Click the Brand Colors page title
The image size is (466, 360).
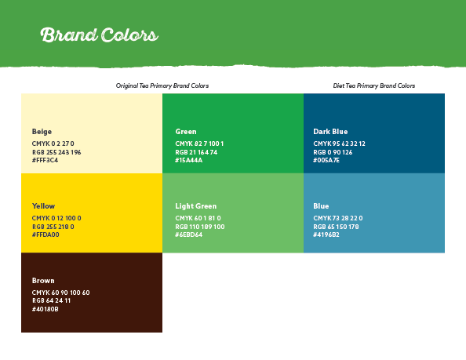100,35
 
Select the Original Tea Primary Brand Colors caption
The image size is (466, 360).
162,85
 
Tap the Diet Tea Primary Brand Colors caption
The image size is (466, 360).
374,85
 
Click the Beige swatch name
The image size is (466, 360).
42,132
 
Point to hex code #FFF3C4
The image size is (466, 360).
46,161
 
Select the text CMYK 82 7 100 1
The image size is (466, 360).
199,144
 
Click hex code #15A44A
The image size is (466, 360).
189,161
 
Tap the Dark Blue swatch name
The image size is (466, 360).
330,132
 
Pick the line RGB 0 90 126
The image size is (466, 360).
333,152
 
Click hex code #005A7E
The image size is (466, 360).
326,161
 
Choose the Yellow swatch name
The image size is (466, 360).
43,206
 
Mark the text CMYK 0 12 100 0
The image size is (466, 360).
56,218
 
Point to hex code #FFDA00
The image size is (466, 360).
46,235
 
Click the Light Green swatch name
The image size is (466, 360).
196,206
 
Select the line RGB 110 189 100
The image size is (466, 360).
200,227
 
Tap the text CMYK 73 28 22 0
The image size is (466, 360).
338,218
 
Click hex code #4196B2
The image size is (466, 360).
326,235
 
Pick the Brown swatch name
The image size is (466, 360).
43,281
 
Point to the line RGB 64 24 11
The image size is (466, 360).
52,300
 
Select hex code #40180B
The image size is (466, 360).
46,310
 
